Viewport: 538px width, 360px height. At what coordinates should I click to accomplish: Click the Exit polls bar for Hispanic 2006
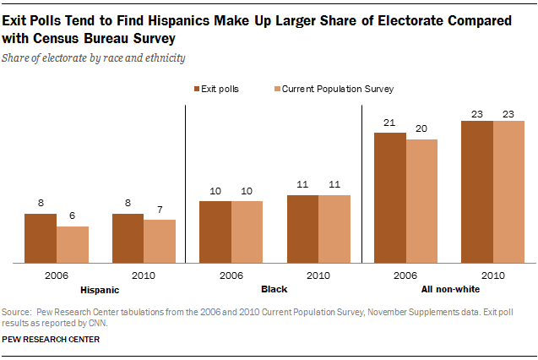click(41, 237)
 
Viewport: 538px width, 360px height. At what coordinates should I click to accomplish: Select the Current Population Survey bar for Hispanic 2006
click(73, 244)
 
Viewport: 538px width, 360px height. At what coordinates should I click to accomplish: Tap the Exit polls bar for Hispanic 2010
click(128, 237)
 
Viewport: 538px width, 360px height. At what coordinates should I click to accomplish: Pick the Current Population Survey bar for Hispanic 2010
click(160, 241)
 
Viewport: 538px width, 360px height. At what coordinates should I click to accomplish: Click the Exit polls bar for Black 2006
click(215, 232)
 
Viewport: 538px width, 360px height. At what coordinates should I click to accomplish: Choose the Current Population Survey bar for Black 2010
click(334, 228)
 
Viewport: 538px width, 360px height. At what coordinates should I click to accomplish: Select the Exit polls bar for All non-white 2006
click(390, 197)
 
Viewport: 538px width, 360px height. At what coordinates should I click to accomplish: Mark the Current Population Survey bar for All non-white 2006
click(421, 200)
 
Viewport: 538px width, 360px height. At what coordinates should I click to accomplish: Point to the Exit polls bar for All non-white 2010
click(477, 191)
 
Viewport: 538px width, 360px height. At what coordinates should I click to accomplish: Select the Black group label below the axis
click(274, 289)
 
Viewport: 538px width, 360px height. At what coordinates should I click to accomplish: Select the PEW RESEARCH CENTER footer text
click(52, 339)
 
